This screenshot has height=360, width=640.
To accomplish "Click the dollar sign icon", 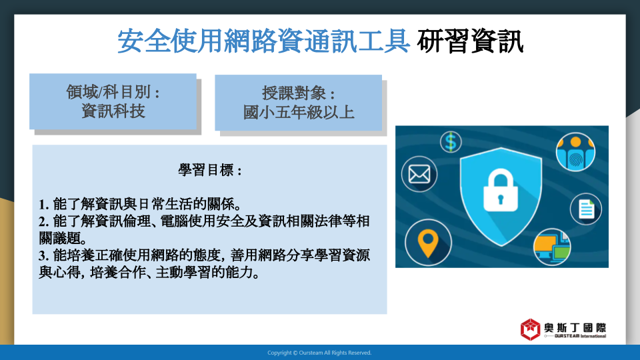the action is pyautogui.click(x=451, y=142).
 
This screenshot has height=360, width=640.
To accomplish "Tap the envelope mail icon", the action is pyautogui.click(x=419, y=174).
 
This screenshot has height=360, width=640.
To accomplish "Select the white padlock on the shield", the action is pyautogui.click(x=501, y=190).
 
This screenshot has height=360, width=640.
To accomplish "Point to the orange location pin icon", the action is pyautogui.click(x=428, y=243).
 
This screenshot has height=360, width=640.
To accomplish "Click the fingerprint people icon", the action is pyautogui.click(x=575, y=152).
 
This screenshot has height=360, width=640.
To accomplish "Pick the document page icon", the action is pyautogui.click(x=586, y=209).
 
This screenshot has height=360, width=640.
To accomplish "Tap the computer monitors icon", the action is pyautogui.click(x=552, y=247).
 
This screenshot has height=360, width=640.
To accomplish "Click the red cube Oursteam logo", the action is pyautogui.click(x=530, y=329).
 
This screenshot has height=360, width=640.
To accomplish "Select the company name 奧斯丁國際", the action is pyautogui.click(x=575, y=328).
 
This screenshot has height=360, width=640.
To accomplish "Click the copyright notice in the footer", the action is pyautogui.click(x=319, y=353).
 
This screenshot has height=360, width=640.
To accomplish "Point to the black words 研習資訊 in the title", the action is pyautogui.click(x=470, y=41).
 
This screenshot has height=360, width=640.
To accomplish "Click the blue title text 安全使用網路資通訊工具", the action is pyautogui.click(x=264, y=41).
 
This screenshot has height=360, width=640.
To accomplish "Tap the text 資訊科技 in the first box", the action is pyautogui.click(x=113, y=111).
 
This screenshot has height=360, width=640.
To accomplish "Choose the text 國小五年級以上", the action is pyautogui.click(x=299, y=112).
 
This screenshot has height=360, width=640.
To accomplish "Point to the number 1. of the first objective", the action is pyautogui.click(x=44, y=204).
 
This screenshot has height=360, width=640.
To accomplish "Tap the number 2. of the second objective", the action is pyautogui.click(x=44, y=221).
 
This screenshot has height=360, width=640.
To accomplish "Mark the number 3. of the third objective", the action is pyautogui.click(x=44, y=255).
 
